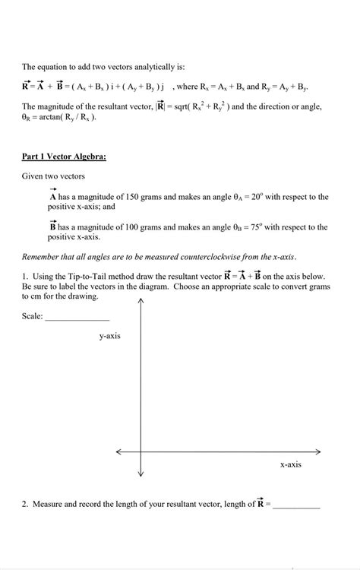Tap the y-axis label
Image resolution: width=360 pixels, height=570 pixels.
click(109, 335)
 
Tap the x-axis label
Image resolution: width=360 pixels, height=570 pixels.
click(290, 464)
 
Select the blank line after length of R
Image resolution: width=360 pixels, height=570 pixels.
click(296, 504)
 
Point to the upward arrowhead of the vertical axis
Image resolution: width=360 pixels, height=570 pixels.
click(141, 302)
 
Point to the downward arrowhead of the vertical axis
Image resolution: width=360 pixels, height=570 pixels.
click(141, 473)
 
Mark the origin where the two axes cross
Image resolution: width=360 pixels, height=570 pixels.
click(141, 452)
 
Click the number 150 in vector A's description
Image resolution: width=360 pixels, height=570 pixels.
click(135, 197)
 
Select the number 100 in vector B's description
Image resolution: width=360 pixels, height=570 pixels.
click(135, 227)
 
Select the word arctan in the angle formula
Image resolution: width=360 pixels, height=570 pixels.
click(51, 118)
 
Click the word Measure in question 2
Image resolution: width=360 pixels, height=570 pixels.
click(52, 504)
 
